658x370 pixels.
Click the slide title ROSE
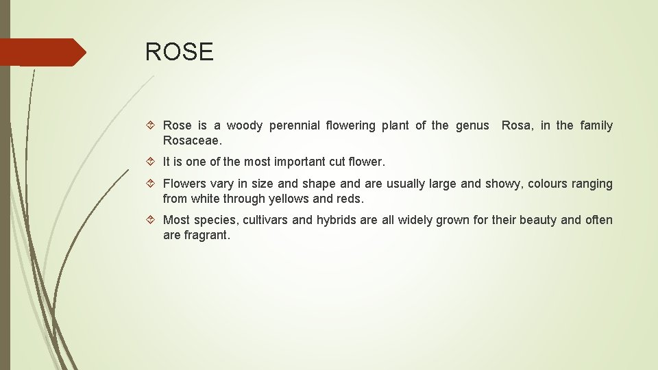pos(179,52)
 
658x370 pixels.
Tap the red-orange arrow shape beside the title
pos(42,52)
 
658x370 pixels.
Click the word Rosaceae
pos(192,140)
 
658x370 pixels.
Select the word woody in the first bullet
pos(245,125)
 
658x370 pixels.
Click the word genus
pos(472,125)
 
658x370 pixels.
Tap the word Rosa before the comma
pos(517,125)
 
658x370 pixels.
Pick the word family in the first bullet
pos(596,125)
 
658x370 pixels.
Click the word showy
pos(502,184)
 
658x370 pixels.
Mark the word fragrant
pos(206,235)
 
